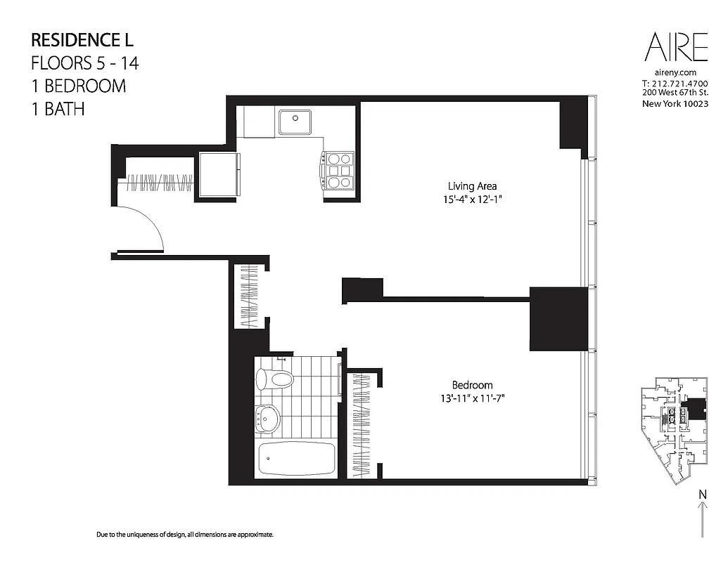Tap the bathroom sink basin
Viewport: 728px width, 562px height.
[x=267, y=419]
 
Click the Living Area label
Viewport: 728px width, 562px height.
[x=472, y=186]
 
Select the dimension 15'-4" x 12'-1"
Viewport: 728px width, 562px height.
[x=473, y=199]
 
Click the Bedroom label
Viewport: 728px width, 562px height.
[x=472, y=385]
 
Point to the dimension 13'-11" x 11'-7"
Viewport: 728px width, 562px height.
[x=472, y=398]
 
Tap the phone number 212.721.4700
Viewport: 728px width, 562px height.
[x=679, y=84]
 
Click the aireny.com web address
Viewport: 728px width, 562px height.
[x=675, y=72]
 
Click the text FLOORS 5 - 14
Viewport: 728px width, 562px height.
[x=85, y=63]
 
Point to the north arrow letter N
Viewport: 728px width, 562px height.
[x=702, y=495]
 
